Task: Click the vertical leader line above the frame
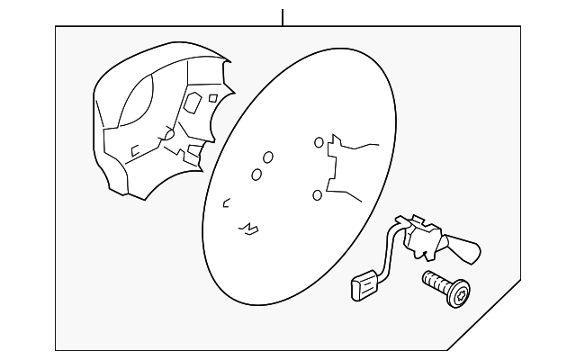click(x=283, y=16)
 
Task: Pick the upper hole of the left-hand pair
click(x=267, y=157)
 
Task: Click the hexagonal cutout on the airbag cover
click(x=192, y=104)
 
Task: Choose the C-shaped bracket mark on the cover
click(x=135, y=151)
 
